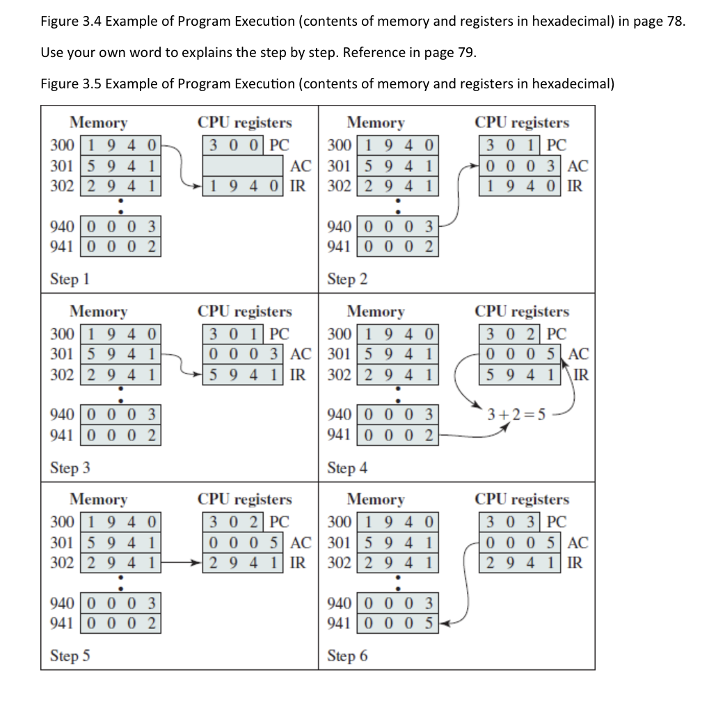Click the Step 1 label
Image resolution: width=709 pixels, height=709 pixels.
tap(70, 279)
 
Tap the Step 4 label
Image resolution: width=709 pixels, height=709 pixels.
tap(347, 468)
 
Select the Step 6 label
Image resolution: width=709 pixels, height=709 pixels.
tap(347, 656)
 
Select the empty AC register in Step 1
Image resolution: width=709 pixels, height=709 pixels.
tap(244, 166)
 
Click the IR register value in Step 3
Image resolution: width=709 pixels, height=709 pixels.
tap(244, 374)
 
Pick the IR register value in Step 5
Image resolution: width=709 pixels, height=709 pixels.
tap(244, 563)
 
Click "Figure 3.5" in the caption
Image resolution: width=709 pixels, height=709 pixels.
tap(71, 84)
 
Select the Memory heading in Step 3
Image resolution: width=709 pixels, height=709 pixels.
tap(98, 311)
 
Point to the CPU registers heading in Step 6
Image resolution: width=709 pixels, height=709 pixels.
tap(522, 499)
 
